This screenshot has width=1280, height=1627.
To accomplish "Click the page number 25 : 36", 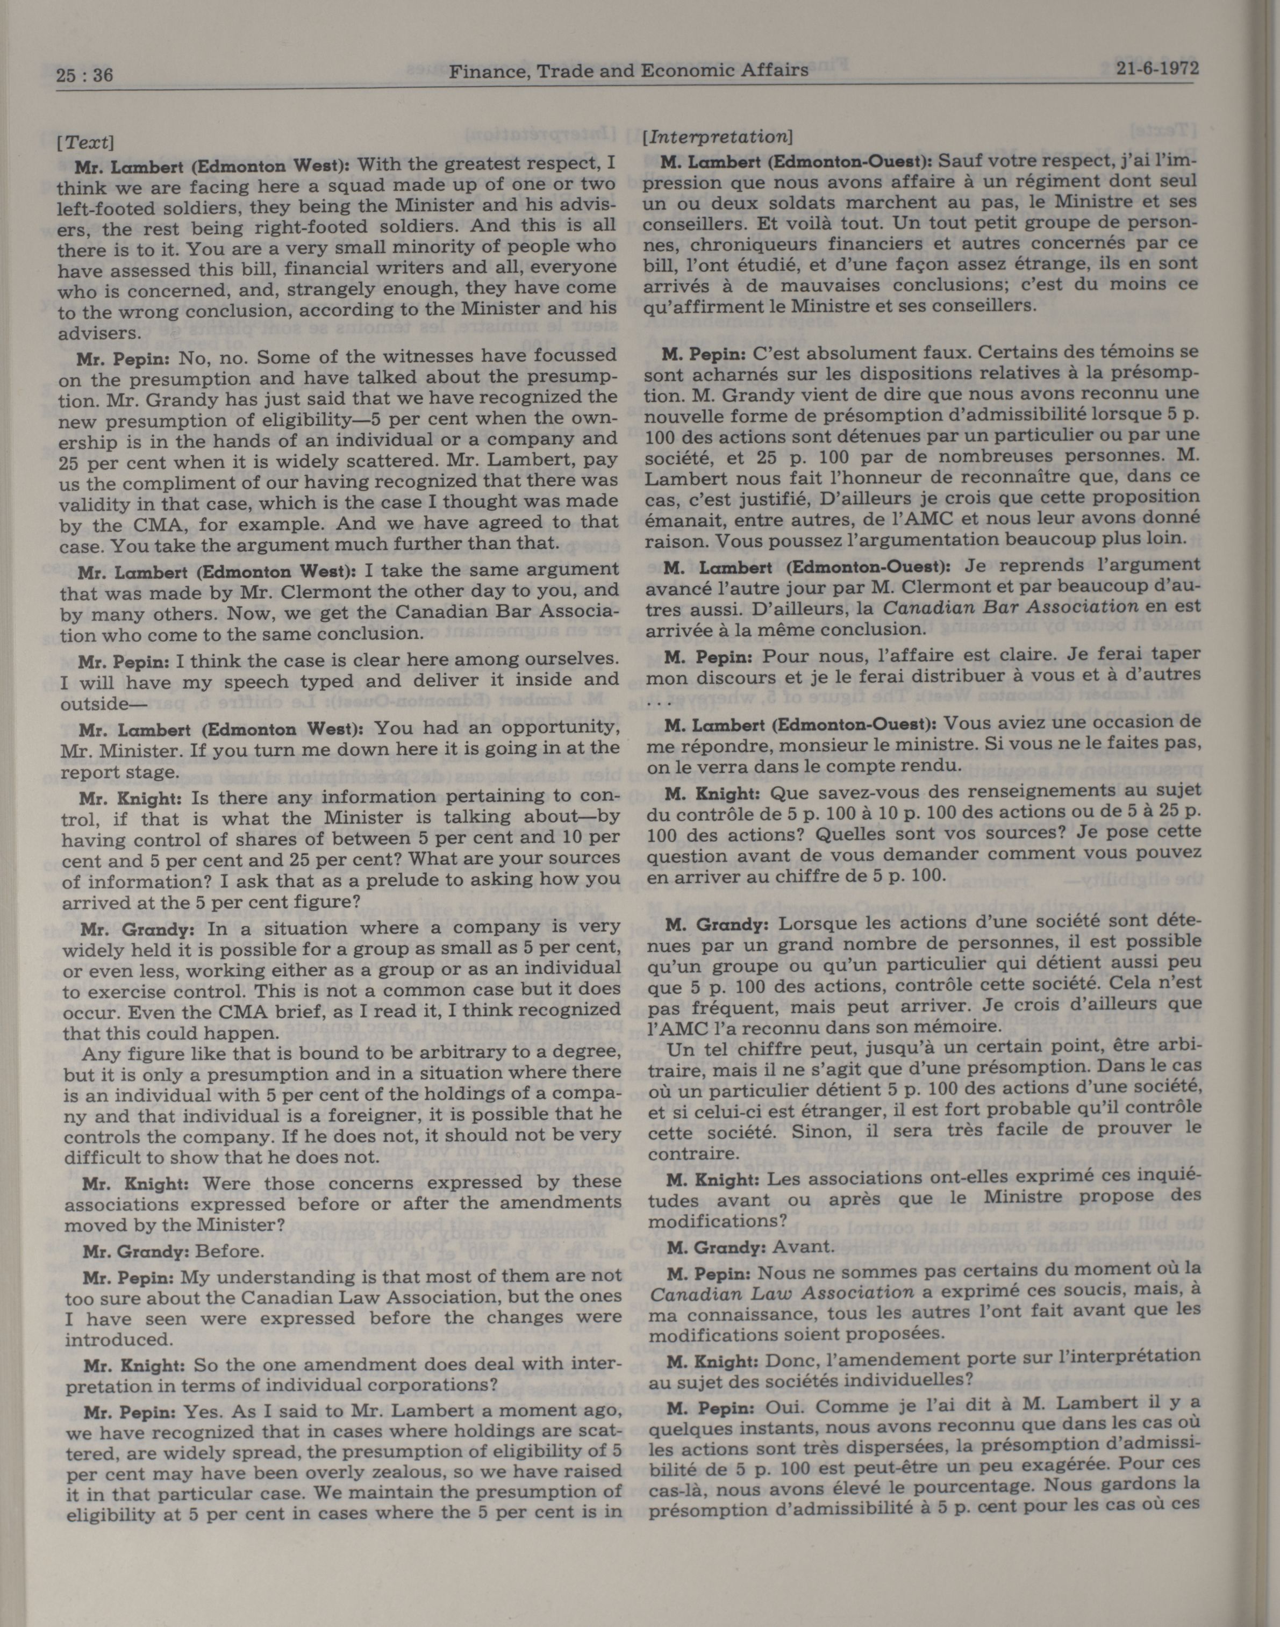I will [x=84, y=74].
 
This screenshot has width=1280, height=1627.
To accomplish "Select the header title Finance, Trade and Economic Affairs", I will [x=628, y=70].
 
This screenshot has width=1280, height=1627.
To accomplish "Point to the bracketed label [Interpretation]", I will [x=717, y=137].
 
